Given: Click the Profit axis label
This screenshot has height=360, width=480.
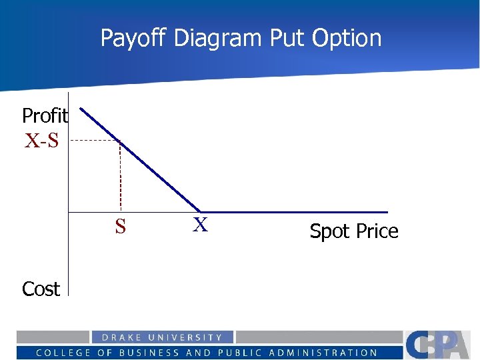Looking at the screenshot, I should tap(45, 116).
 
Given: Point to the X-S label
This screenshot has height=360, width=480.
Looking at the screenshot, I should tap(41, 141).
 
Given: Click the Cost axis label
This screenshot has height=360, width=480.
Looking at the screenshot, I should tap(41, 289).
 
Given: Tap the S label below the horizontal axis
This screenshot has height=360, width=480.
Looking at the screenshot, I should tap(120, 227).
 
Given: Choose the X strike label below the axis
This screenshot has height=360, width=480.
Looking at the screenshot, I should tap(200, 225).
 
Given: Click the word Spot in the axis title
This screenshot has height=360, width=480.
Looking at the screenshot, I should tap(329, 231).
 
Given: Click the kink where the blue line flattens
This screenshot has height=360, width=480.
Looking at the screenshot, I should tap(201, 212).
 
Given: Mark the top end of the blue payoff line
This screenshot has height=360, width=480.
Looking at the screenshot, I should tap(81, 109).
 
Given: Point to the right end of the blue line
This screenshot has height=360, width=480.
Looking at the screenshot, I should tap(387, 212).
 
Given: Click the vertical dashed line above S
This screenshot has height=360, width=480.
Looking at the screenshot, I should tap(120, 177).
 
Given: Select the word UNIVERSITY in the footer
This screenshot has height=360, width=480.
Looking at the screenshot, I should tap(185, 338).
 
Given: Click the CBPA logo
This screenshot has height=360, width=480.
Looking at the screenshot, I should tap(440, 345).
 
